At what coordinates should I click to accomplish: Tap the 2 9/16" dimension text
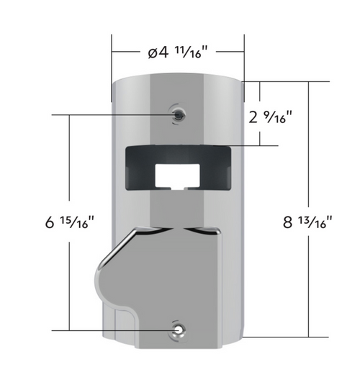270,117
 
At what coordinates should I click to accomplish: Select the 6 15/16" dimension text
69,222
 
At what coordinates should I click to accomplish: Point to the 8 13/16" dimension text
307,222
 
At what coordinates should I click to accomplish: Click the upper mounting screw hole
179,114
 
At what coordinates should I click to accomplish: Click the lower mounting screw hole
179,330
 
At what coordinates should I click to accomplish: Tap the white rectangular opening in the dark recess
177,176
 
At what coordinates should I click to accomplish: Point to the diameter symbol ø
153,53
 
